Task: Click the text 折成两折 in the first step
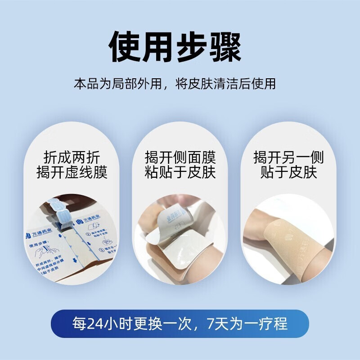click(x=72, y=157)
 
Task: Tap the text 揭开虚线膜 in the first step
click(x=72, y=173)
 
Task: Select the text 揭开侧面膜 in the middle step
click(x=180, y=157)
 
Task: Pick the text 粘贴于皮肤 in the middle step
click(x=180, y=173)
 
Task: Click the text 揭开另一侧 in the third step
click(x=288, y=157)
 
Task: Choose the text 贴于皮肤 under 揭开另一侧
click(x=288, y=173)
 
